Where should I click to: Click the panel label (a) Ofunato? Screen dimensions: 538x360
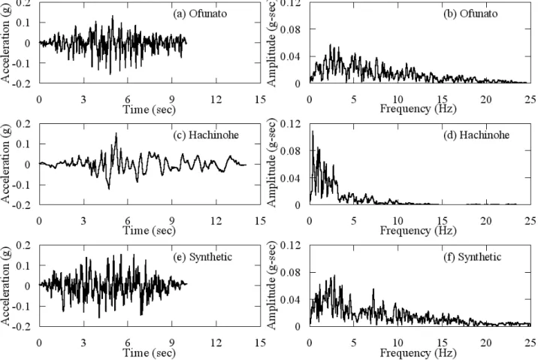click(x=200, y=14)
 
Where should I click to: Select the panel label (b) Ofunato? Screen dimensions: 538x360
click(x=470, y=14)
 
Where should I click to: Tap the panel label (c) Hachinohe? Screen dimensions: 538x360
click(x=206, y=135)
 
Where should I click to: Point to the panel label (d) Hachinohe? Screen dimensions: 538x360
click(x=476, y=135)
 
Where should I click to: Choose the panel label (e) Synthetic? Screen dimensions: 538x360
click(x=203, y=257)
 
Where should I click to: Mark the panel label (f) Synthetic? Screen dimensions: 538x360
click(x=472, y=257)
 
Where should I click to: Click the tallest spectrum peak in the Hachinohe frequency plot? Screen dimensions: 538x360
click(x=313, y=132)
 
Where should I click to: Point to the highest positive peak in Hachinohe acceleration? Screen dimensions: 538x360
click(x=116, y=133)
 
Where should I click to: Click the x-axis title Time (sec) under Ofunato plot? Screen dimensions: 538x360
click(x=150, y=110)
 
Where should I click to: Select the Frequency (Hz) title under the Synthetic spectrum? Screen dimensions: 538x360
click(x=419, y=352)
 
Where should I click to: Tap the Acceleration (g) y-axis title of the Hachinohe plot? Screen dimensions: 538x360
click(x=6, y=164)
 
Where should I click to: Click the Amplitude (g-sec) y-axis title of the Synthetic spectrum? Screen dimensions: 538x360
click(x=271, y=286)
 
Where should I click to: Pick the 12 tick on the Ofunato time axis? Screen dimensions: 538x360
click(x=216, y=99)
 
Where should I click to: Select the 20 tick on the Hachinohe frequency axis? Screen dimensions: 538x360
click(x=486, y=221)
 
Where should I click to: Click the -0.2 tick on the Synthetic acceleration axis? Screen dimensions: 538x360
click(x=22, y=326)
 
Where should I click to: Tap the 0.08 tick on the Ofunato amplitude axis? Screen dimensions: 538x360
click(x=290, y=29)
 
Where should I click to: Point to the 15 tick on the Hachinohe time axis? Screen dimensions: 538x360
click(x=261, y=221)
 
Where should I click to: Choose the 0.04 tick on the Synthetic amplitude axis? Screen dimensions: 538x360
click(x=290, y=299)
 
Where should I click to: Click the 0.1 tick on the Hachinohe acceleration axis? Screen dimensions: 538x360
click(x=24, y=144)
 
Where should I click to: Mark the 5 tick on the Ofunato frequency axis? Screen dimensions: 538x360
click(x=354, y=99)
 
